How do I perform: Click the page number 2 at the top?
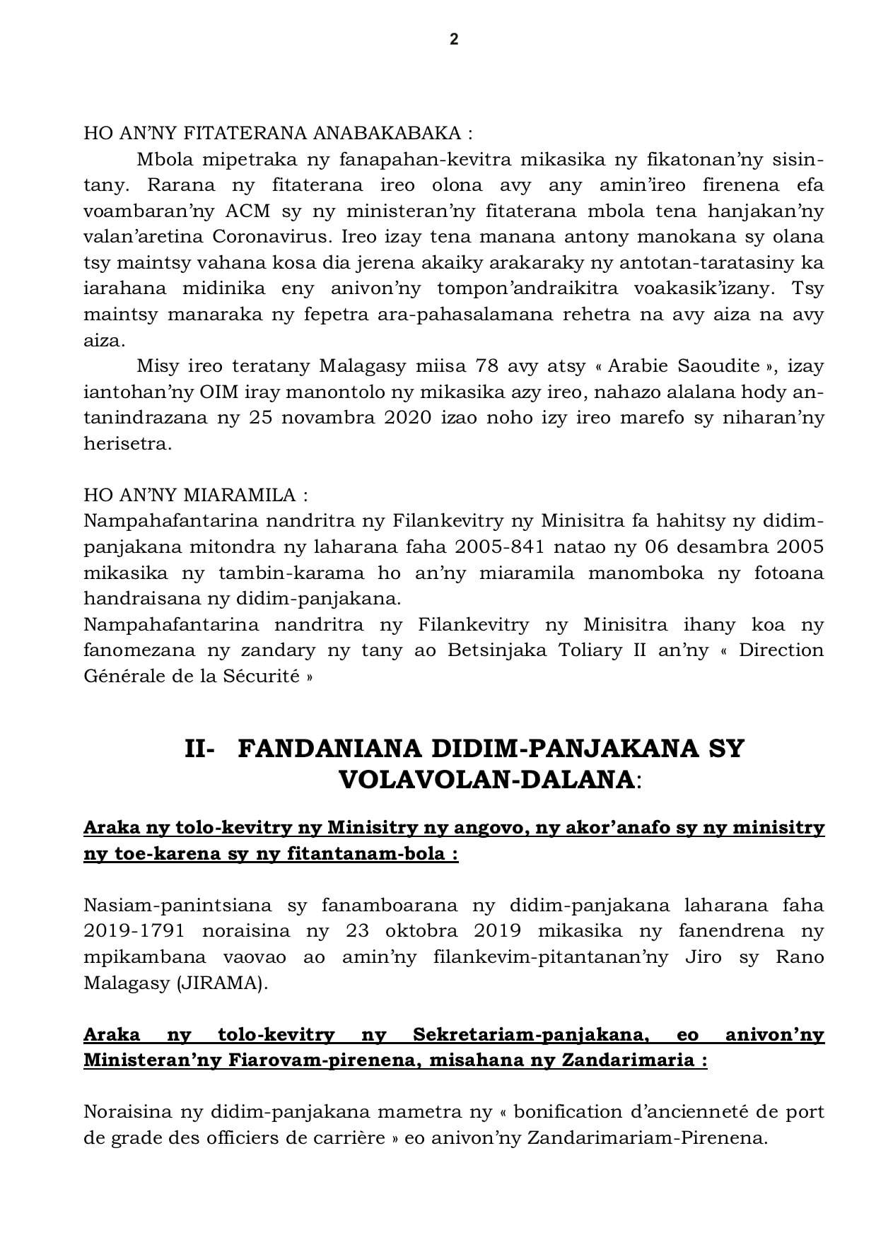(454, 40)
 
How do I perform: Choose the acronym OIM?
(213, 392)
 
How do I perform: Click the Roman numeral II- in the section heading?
(199, 749)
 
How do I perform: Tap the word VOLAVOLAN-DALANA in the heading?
(486, 780)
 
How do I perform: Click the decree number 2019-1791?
(136, 931)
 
